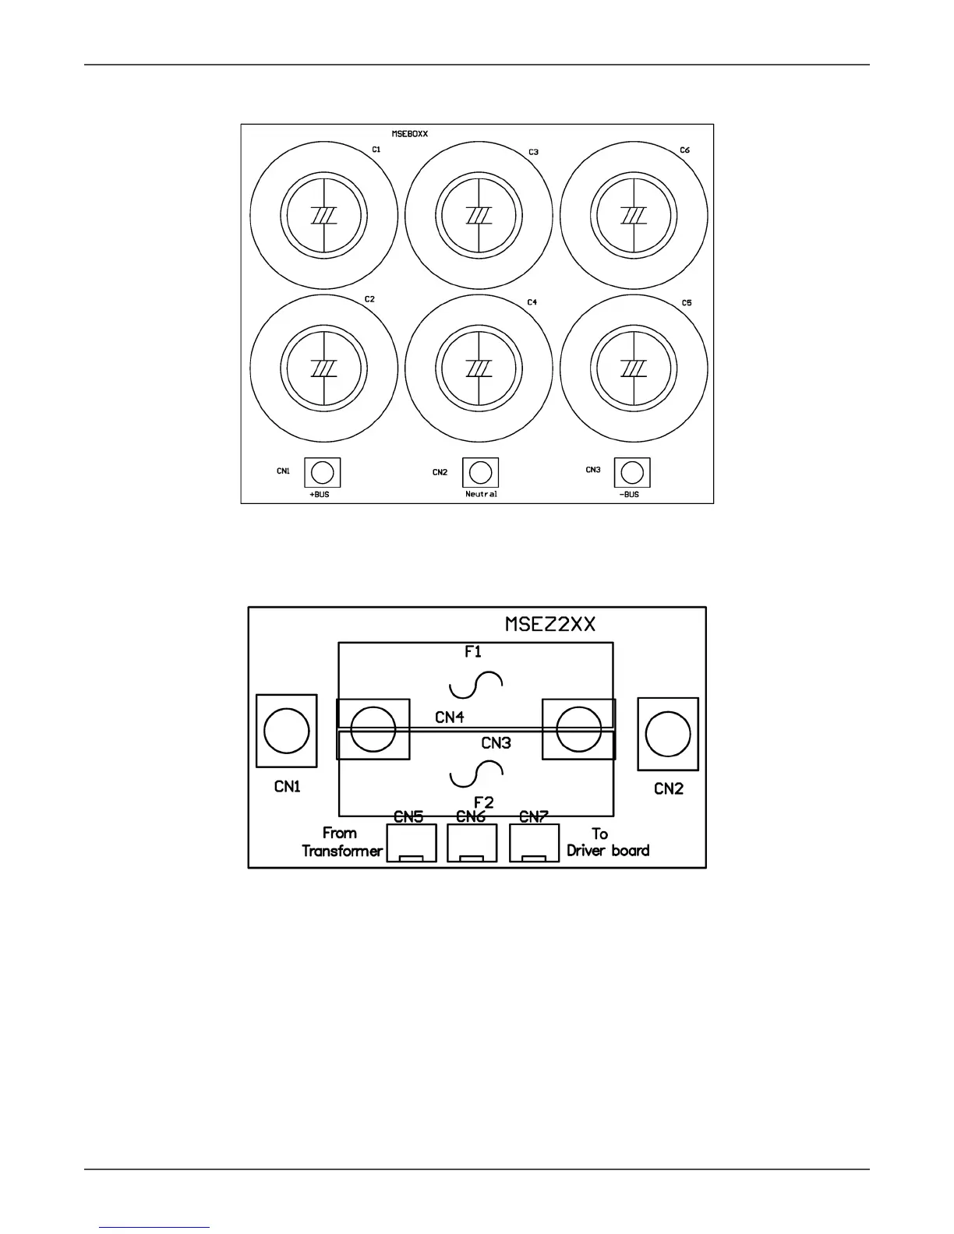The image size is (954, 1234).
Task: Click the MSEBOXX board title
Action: point(409,134)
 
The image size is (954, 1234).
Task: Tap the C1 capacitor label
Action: point(376,149)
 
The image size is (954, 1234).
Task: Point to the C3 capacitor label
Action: point(533,152)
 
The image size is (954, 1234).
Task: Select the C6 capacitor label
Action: point(684,150)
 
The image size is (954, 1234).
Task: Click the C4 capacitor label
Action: point(532,301)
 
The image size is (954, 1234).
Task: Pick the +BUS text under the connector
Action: point(320,495)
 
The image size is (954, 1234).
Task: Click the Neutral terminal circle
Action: point(480,472)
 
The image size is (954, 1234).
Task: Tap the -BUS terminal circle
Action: point(632,472)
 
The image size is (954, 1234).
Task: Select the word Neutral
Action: point(481,494)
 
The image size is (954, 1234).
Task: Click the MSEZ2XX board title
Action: point(550,625)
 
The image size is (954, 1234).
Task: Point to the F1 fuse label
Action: point(473,652)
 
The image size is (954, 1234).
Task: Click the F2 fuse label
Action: point(484,802)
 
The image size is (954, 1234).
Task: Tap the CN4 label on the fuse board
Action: point(450,717)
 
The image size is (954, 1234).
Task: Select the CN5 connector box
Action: point(411,844)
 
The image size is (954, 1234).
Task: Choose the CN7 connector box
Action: point(534,844)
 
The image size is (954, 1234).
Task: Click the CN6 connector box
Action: point(472,844)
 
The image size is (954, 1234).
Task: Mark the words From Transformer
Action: point(342,842)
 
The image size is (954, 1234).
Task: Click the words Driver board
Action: point(608,851)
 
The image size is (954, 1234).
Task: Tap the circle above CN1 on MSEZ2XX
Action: point(286,731)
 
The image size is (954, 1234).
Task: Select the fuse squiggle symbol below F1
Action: point(476,685)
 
